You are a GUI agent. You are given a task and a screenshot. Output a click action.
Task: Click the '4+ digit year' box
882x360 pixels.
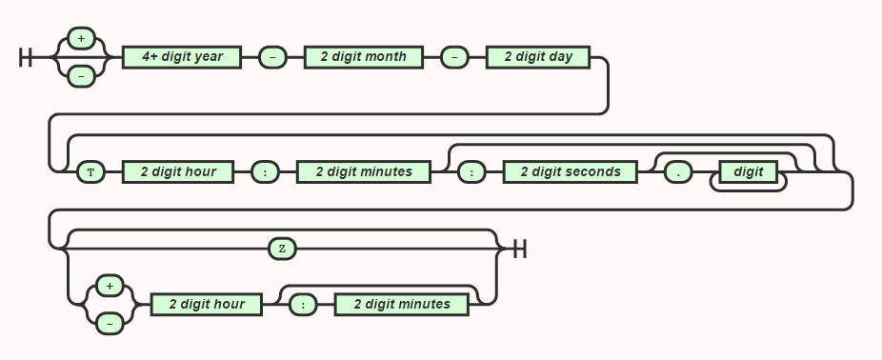(182, 57)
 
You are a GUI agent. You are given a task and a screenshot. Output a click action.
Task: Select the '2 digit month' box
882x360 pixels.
(363, 57)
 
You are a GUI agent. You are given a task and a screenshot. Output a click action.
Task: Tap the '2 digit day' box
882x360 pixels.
(538, 57)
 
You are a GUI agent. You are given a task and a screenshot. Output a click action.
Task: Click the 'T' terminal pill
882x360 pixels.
(90, 172)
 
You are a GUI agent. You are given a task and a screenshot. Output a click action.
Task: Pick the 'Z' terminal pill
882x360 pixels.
(282, 249)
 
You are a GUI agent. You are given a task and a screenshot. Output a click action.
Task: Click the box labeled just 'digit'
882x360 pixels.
(749, 172)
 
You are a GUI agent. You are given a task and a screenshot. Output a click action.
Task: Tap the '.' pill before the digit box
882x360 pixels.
(678, 172)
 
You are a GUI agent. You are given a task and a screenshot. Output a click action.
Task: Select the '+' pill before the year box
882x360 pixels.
(81, 39)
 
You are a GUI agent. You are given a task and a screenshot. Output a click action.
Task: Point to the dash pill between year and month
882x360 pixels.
(272, 57)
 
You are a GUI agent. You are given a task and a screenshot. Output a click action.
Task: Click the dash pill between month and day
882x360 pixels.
(454, 57)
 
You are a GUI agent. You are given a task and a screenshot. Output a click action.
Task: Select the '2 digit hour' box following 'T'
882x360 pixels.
(178, 172)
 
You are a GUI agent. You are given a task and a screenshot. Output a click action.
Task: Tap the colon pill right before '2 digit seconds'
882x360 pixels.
(471, 172)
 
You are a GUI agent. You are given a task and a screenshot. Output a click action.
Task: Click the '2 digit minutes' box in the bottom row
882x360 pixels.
(402, 305)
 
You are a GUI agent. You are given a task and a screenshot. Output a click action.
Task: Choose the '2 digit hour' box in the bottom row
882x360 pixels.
(207, 305)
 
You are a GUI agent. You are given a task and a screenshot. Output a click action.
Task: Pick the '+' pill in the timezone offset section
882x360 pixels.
(110, 286)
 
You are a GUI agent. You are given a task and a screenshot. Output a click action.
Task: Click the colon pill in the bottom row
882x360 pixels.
(303, 305)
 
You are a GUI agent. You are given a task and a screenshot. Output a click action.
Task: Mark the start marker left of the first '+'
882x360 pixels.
(26, 57)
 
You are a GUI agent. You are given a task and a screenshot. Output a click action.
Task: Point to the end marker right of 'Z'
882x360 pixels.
(519, 249)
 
